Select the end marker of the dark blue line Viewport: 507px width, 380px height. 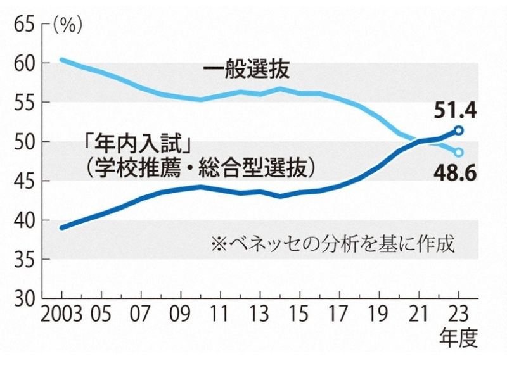459,131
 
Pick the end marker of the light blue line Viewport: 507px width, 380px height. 459,152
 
